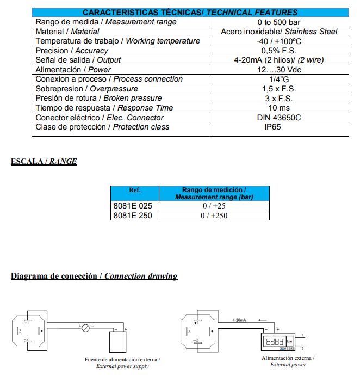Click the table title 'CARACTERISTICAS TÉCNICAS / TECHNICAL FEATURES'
coord(190,12)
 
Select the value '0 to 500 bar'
coord(278,22)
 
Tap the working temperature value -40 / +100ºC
coord(278,41)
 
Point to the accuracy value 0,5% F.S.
coord(278,51)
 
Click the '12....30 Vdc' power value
coord(278,70)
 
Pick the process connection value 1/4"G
coord(278,79)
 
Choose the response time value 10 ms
coord(278,108)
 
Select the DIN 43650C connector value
coord(278,117)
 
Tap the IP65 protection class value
coord(278,127)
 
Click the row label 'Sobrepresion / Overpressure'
coord(86,89)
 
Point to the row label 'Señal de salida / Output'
coord(78,60)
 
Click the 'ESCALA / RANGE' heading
coord(44,161)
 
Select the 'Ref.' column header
coord(135,191)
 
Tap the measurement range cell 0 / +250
coord(214,216)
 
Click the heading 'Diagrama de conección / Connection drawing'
coord(94,276)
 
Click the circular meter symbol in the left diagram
coord(85,328)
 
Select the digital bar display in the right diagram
coord(276,341)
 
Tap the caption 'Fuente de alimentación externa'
coord(122,359)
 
